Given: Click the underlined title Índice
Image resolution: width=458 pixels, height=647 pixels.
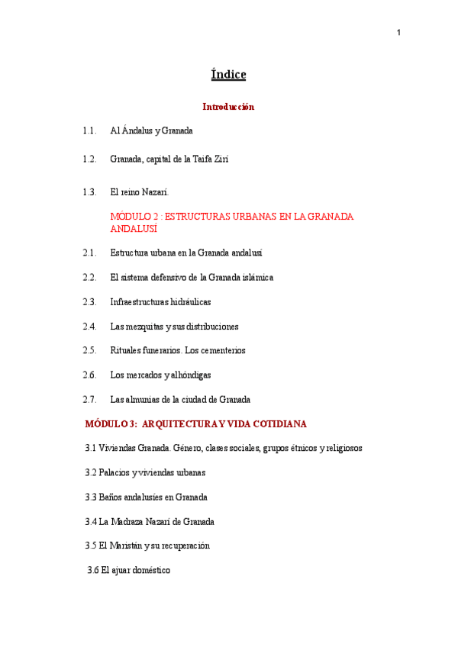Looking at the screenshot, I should click(228, 75).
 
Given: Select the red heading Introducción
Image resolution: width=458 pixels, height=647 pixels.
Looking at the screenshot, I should click(228, 107).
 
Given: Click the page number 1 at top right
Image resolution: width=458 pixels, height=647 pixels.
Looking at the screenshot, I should click(398, 32).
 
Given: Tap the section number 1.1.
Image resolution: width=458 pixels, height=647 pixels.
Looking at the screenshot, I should click(89, 131).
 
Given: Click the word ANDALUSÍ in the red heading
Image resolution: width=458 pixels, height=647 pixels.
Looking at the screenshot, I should click(134, 229).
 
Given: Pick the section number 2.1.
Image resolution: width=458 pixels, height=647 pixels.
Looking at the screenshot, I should click(89, 253).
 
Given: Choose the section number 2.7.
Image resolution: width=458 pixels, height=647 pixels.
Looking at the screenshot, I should click(89, 400).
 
